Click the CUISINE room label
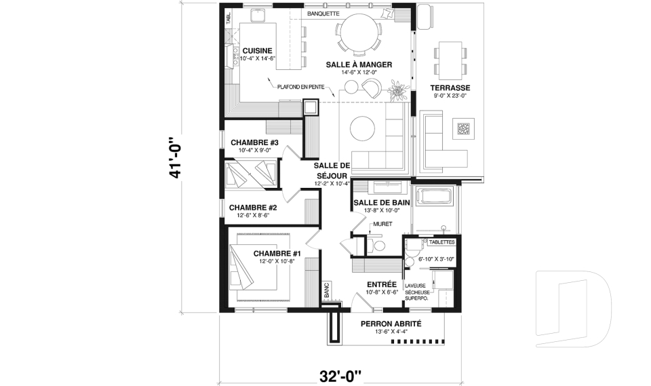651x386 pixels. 257,50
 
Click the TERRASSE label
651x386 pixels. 450,89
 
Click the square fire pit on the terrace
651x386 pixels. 464,128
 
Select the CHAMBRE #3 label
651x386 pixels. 254,143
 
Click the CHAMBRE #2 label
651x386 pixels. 253,208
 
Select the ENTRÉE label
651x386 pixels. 381,285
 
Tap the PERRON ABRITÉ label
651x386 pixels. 391,324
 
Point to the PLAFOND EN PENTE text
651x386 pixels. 300,87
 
